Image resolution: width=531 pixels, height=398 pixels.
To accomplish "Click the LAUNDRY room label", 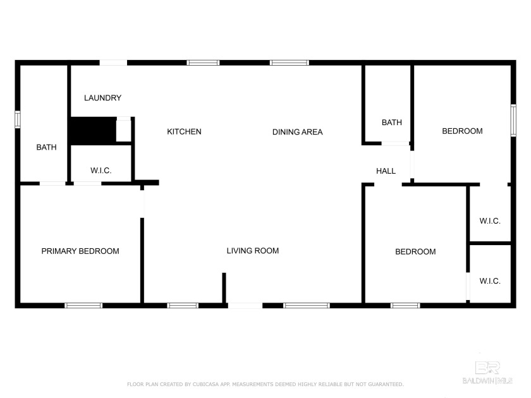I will [102, 98].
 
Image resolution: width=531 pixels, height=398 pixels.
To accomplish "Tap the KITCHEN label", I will [184, 131].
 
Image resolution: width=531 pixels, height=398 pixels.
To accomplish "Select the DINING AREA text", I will [297, 132].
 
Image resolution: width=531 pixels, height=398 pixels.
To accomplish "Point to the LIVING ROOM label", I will [253, 251].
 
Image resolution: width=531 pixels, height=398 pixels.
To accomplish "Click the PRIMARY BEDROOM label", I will [80, 251].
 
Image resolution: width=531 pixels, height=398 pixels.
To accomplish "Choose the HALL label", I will [386, 171].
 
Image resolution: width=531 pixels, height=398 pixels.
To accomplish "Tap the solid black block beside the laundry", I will [92, 131].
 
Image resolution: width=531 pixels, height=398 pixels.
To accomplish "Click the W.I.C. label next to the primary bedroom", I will [101, 171].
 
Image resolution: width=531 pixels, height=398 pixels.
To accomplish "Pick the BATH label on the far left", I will [46, 147].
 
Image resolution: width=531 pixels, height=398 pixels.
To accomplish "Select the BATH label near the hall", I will [391, 123].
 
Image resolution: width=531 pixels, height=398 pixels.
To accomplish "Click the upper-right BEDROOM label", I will [462, 131].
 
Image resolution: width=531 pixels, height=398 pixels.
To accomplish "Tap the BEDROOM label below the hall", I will [415, 251].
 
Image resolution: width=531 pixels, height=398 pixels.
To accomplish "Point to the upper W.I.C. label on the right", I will [490, 221].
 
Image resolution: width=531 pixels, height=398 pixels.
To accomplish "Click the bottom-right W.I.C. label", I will [490, 280].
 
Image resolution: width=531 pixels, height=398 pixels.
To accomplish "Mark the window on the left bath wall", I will [18, 119].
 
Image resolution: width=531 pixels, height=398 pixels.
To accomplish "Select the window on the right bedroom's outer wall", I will [513, 119].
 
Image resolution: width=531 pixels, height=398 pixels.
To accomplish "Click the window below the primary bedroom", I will [83, 305].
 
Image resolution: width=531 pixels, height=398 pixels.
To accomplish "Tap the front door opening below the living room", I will [245, 305].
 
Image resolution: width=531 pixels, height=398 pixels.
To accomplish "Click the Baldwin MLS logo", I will [494, 373].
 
